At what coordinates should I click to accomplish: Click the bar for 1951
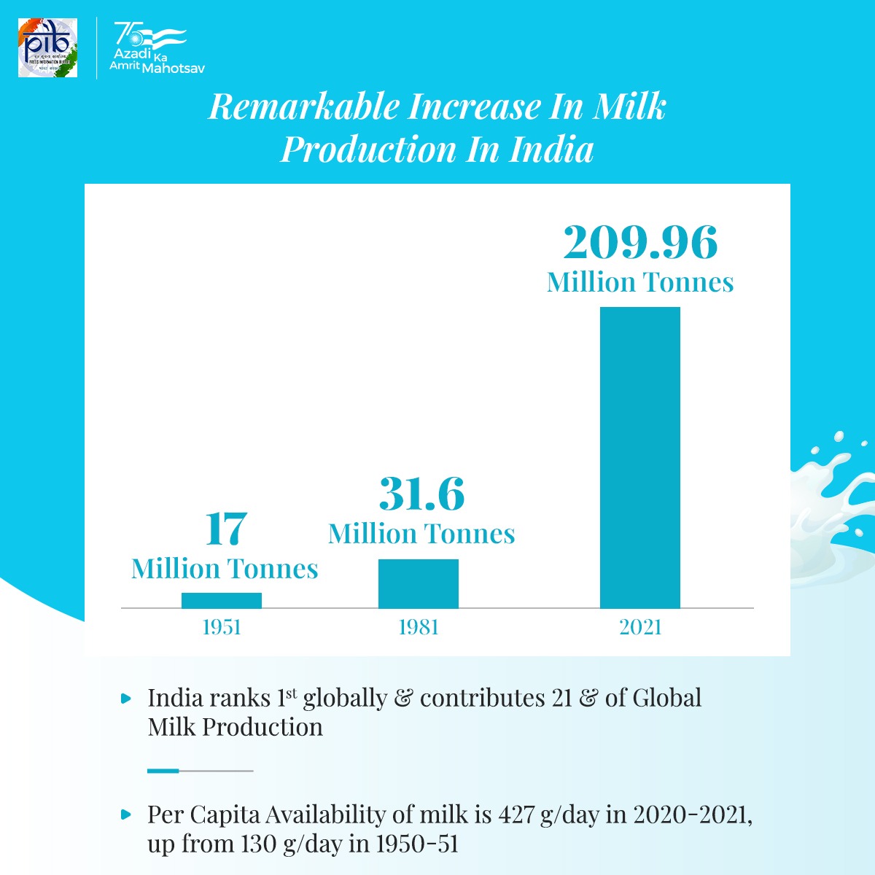222,600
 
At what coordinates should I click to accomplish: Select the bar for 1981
419,583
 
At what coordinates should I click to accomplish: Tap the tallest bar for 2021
640,457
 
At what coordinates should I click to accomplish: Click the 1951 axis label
222,627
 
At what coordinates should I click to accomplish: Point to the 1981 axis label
419,627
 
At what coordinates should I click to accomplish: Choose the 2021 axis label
640,627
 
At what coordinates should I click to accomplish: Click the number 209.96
640,242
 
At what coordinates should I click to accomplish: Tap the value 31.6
421,494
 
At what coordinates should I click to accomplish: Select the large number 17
225,529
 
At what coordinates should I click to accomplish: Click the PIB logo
48,47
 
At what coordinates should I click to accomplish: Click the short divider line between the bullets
200,770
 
